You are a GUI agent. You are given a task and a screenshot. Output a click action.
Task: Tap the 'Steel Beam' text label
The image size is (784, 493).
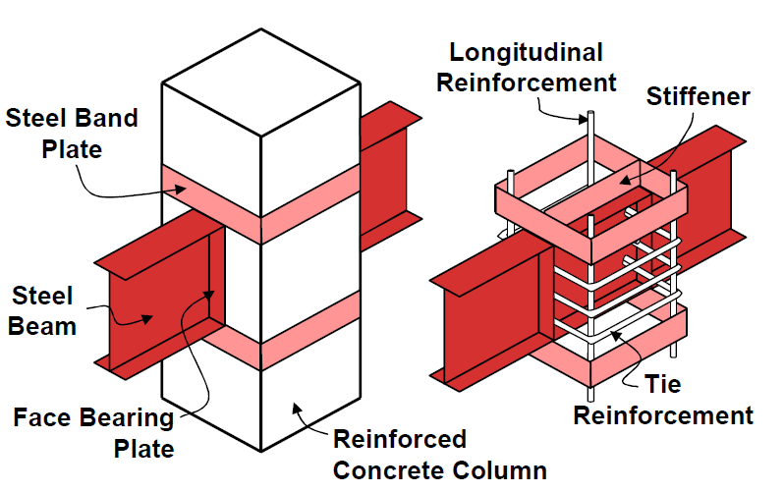coord(43,310)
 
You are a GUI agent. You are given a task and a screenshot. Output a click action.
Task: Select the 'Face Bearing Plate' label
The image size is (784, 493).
coord(93,433)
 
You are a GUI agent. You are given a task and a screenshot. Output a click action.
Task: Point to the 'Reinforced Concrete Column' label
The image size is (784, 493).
coord(439,454)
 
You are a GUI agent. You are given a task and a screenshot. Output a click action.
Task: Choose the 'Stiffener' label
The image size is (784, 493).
coord(698,96)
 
